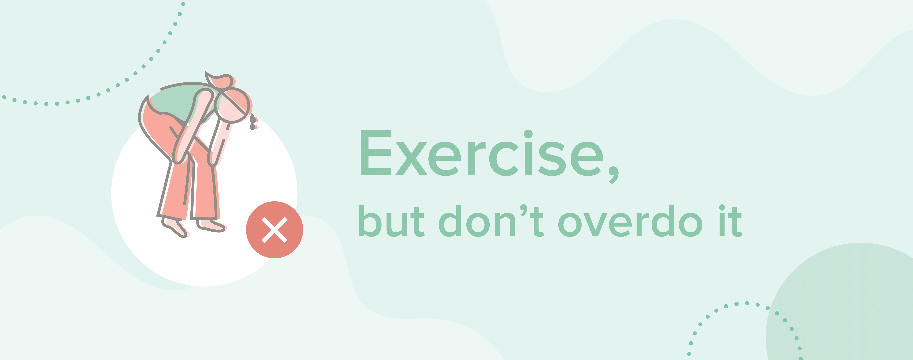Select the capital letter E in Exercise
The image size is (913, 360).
click(x=376, y=153)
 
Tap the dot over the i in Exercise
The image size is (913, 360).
click(x=528, y=134)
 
